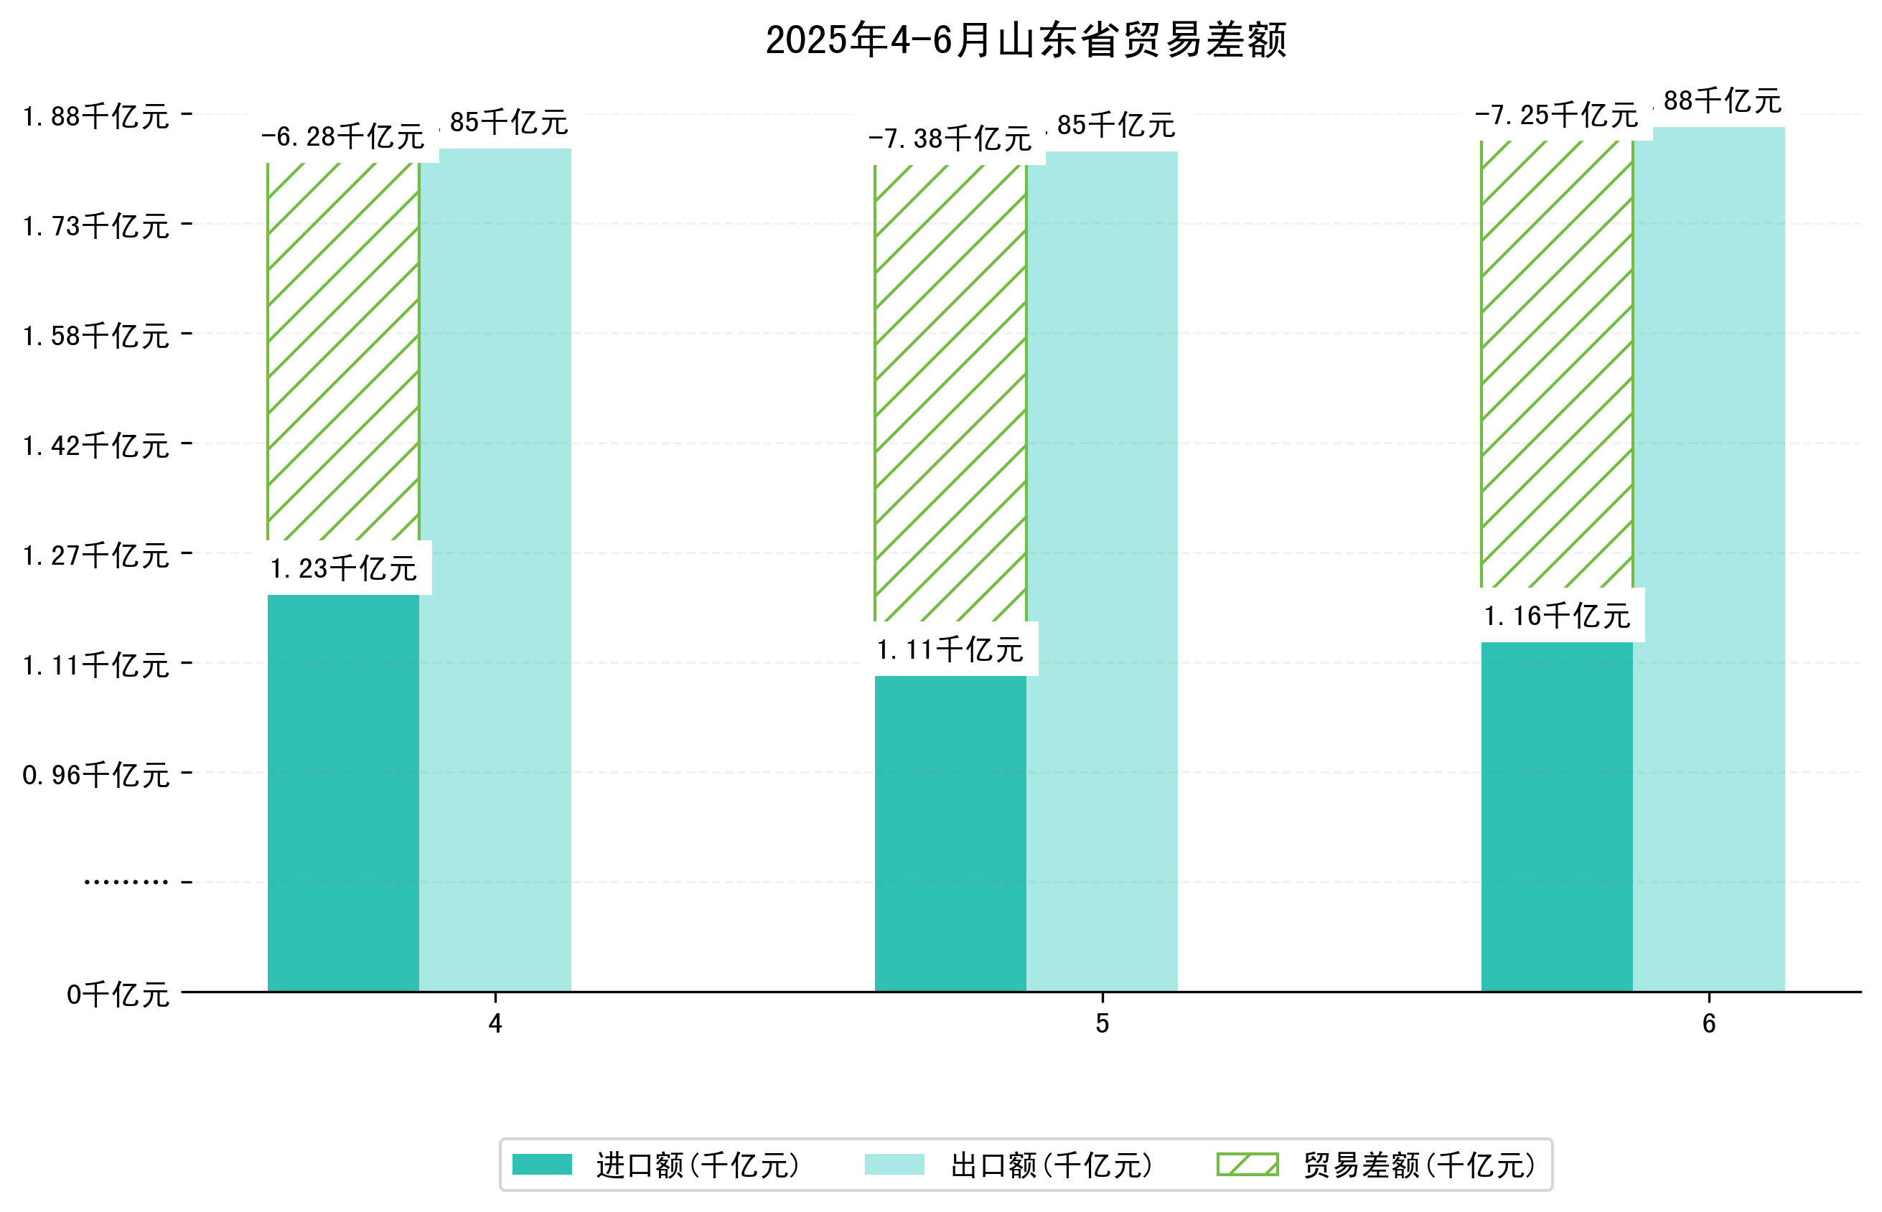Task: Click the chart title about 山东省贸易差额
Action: coord(1025,41)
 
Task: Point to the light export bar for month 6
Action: coord(1708,558)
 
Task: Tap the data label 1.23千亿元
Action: coord(343,568)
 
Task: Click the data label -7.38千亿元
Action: coord(950,139)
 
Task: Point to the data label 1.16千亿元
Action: coord(1556,616)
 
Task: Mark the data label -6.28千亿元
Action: coord(343,137)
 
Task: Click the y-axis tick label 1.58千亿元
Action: coord(96,336)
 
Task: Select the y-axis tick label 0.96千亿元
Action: coord(96,775)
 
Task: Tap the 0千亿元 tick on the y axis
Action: coord(118,995)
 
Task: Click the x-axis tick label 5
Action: coord(1101,1024)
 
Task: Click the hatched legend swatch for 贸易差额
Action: coord(1247,1165)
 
